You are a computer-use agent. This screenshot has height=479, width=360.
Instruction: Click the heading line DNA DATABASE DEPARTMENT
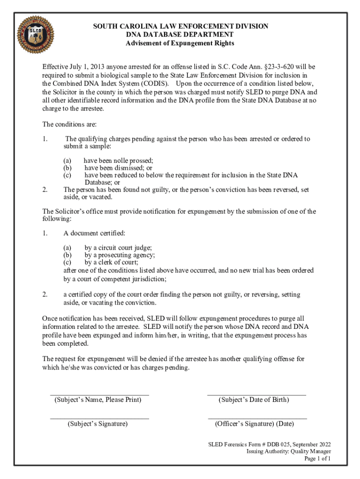[x=180, y=35]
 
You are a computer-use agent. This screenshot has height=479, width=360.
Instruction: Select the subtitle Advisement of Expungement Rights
[x=180, y=44]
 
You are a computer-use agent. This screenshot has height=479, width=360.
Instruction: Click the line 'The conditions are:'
[x=70, y=124]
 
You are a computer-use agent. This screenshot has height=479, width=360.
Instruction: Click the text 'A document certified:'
[x=94, y=233]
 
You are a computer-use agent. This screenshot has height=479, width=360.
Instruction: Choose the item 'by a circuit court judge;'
[x=118, y=248]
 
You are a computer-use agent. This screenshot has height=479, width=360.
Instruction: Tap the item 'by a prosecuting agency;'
[x=120, y=255]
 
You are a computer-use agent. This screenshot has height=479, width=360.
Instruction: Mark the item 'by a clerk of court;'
[x=111, y=262]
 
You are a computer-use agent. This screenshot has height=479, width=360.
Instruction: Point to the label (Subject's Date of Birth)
[x=254, y=400]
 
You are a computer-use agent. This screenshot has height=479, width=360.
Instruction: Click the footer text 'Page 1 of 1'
[x=317, y=459]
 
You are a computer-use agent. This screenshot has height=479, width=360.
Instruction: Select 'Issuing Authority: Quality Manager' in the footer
[x=289, y=451]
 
